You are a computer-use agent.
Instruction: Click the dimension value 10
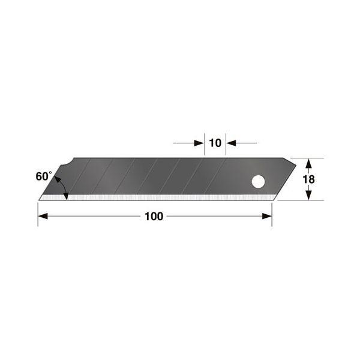click(x=215, y=143)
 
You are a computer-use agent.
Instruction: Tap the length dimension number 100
click(x=154, y=217)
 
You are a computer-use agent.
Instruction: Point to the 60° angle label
click(x=44, y=176)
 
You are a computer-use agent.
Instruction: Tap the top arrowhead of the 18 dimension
click(x=307, y=163)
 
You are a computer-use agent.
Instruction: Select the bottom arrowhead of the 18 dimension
click(x=307, y=196)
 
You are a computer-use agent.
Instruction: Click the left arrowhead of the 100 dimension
click(x=43, y=217)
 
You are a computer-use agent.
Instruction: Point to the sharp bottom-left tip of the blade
click(x=39, y=199)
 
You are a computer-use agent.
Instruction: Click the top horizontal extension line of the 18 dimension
click(x=309, y=158)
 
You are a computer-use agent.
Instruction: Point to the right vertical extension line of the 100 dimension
click(x=272, y=213)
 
